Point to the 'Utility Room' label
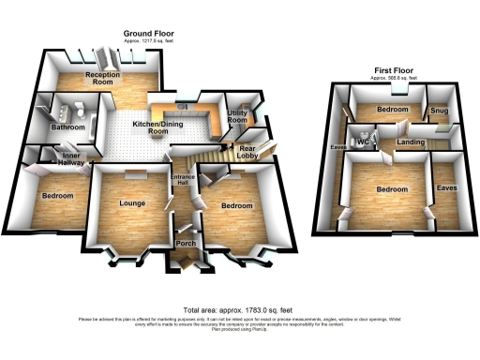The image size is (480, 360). pyautogui.click(x=237, y=117)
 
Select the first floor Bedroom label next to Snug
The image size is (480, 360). pyautogui.click(x=392, y=110)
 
